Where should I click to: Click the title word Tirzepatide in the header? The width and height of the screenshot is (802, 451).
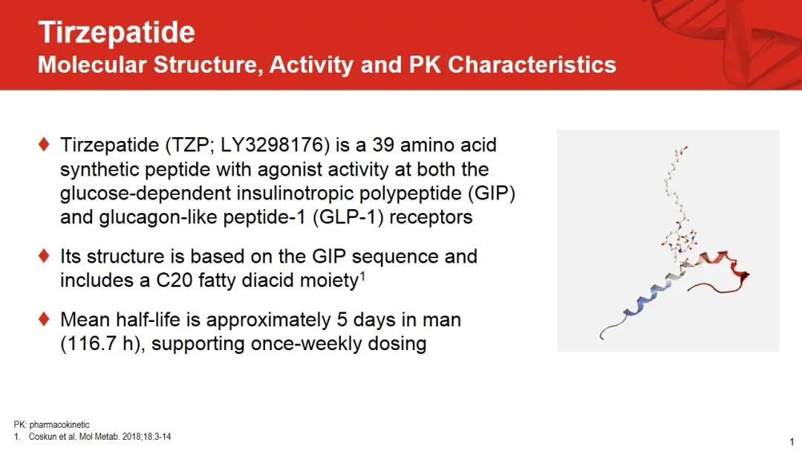click(x=117, y=32)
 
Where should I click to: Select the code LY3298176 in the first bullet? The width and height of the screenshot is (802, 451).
click(x=276, y=145)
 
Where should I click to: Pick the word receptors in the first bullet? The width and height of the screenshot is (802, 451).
click(x=431, y=218)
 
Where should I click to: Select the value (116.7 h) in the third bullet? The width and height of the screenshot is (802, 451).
click(x=100, y=343)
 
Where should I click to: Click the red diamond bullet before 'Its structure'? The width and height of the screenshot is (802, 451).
click(x=44, y=255)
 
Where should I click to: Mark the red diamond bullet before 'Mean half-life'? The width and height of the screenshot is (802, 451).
click(x=44, y=319)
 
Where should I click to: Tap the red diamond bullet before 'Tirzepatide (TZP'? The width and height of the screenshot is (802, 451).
click(x=44, y=144)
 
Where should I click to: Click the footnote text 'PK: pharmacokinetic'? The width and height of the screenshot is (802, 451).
click(x=52, y=424)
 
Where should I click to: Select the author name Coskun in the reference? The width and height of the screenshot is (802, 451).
click(x=42, y=437)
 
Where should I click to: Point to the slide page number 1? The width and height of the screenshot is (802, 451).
click(x=792, y=442)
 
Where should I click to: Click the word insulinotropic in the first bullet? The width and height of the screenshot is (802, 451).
click(x=295, y=194)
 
